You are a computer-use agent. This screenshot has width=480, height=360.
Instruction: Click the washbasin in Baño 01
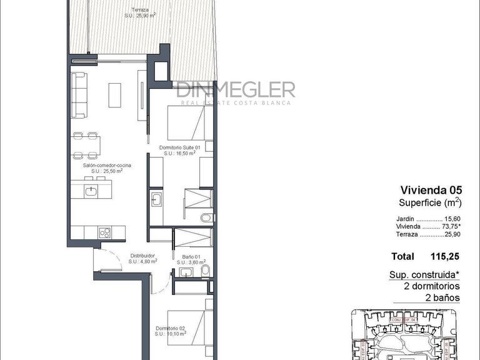[x=185, y=273]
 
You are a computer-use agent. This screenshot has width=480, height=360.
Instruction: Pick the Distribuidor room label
[x=142, y=256]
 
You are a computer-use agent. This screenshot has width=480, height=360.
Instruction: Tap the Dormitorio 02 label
[x=170, y=329]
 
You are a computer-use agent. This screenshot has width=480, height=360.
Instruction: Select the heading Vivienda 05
[x=430, y=189]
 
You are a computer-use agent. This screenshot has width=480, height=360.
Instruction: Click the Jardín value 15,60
[x=452, y=218]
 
